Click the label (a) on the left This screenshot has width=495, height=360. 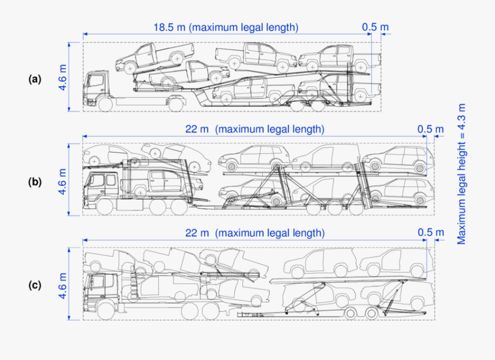coord(35,79)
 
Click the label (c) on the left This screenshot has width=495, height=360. coord(35,285)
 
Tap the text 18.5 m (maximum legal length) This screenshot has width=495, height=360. coord(226,26)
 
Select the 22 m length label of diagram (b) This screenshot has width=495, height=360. coord(255,130)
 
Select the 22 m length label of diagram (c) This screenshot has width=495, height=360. coord(255,233)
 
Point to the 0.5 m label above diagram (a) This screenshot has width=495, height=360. coord(376,26)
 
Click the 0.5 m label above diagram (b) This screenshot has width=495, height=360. coord(431,130)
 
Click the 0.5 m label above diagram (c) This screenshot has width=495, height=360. coord(431,233)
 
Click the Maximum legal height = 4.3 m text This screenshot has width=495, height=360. coord(461,174)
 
